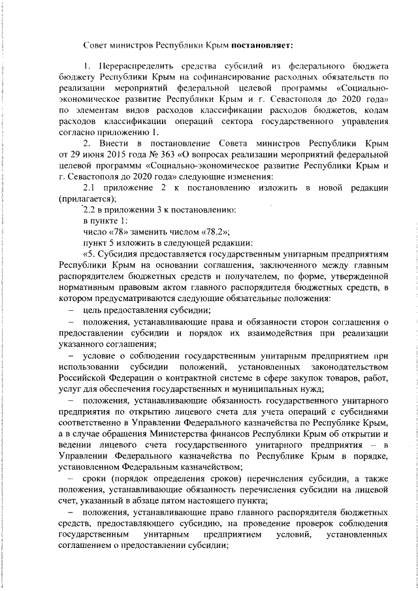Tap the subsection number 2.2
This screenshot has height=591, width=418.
[x=89, y=209]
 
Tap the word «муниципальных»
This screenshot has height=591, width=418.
[x=262, y=389]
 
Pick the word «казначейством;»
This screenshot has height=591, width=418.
[x=210, y=464]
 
